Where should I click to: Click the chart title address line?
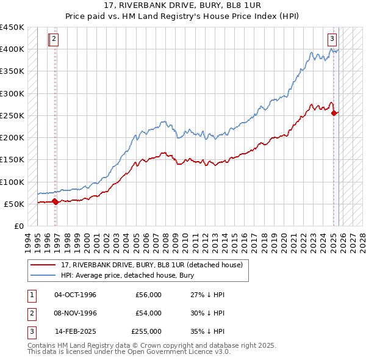[184, 7]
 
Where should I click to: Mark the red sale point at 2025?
[334, 113]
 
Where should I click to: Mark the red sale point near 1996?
[55, 201]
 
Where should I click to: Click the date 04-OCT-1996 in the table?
[75, 295]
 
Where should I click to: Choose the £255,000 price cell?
[146, 331]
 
